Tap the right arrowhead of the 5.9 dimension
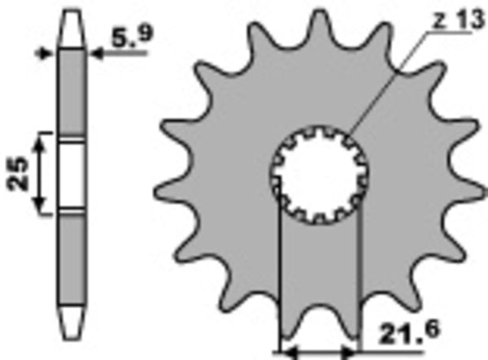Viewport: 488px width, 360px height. pos(96,55)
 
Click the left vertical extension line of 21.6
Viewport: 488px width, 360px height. pos(280,276)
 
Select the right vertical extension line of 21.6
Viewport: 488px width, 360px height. pos(359,276)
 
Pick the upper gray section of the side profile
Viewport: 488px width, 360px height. pos(73,89)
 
